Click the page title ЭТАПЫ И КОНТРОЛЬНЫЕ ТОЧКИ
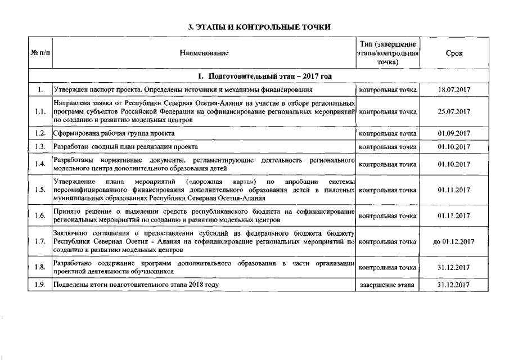[258, 26]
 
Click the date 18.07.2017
[453, 89]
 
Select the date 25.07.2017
[453, 111]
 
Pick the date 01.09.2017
[453, 133]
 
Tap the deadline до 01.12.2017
[453, 241]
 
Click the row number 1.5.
[39, 190]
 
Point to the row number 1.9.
[39, 285]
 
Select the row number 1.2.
[39, 133]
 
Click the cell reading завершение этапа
[388, 285]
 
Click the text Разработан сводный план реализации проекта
[125, 147]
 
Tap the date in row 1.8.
[453, 267]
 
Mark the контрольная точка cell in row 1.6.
[388, 215]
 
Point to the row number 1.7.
[39, 241]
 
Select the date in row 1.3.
[453, 147]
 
